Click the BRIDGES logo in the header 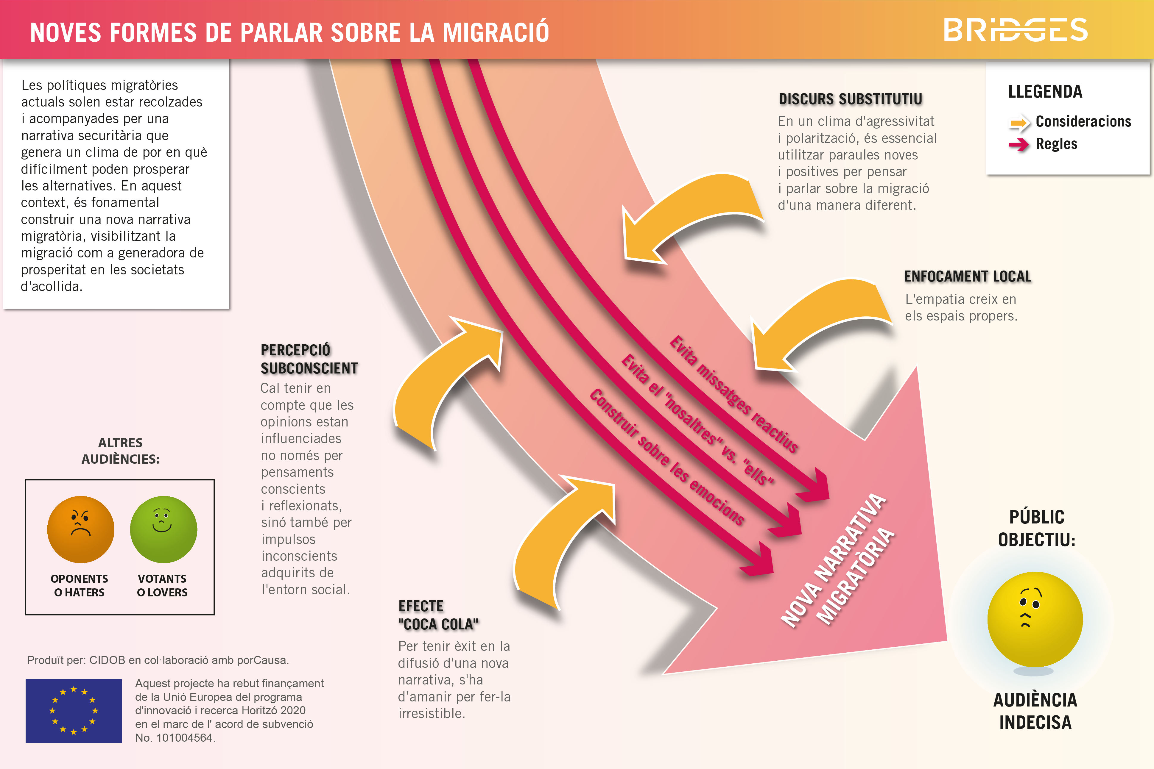click(x=1016, y=30)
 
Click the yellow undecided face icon click(x=1035, y=619)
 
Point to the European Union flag click(x=74, y=711)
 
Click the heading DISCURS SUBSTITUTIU click(x=850, y=99)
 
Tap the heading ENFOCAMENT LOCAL click(x=968, y=276)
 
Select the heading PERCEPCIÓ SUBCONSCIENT click(x=309, y=359)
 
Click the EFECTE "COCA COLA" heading click(x=438, y=615)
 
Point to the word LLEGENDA click(x=1045, y=92)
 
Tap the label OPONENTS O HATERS click(x=79, y=586)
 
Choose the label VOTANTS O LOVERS click(x=162, y=586)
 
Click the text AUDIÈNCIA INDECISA click(x=1035, y=711)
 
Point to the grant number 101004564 click(x=184, y=738)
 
